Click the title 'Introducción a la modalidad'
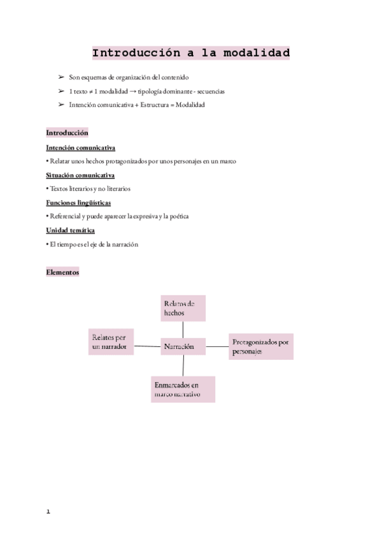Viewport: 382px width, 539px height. (x=191, y=53)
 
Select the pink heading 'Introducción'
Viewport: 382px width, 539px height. (x=67, y=133)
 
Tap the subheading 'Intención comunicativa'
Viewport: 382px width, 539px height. (x=80, y=147)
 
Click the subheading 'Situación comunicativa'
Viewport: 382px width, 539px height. (x=80, y=175)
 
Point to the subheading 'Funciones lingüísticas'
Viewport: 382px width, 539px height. (x=78, y=203)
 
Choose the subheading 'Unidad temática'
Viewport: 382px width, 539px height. (x=71, y=230)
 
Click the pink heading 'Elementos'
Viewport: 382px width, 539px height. (x=62, y=272)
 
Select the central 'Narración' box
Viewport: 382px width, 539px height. (x=183, y=346)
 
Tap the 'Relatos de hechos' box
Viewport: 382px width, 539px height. (x=183, y=308)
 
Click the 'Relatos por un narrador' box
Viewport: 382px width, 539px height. (x=111, y=342)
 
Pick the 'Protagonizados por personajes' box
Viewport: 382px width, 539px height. (x=260, y=346)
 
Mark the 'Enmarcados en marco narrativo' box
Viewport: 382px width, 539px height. (x=183, y=389)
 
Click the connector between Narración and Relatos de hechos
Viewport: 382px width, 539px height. (x=183, y=329)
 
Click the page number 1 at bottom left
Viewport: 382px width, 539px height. (x=48, y=511)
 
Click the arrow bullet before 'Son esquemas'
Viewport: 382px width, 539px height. (x=60, y=77)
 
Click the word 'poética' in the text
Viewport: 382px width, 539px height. (x=178, y=217)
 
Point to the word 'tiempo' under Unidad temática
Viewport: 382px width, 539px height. (x=64, y=244)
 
